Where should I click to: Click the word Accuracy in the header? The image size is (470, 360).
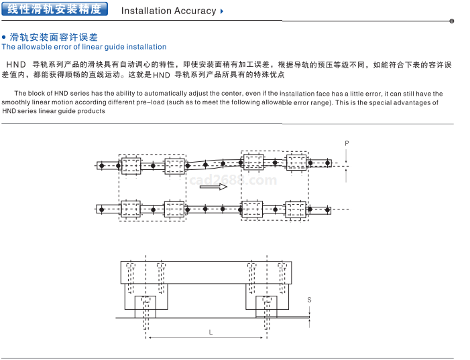(195, 11)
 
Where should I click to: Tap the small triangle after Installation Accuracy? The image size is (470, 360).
(222, 11)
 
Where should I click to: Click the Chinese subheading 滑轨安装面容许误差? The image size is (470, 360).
(54, 37)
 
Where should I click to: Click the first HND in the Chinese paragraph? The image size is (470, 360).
(15, 64)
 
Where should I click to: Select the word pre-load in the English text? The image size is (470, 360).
(168, 102)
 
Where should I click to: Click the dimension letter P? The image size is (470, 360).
(347, 143)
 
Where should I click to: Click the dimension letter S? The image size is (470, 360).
(309, 300)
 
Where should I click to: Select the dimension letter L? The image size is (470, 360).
(210, 332)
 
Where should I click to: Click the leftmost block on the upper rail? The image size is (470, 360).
(130, 165)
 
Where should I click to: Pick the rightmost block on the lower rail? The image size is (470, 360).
(296, 209)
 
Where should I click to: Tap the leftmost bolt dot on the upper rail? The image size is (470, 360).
(101, 165)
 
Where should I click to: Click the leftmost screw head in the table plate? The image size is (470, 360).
(129, 266)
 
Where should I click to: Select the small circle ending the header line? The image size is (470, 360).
(451, 21)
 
